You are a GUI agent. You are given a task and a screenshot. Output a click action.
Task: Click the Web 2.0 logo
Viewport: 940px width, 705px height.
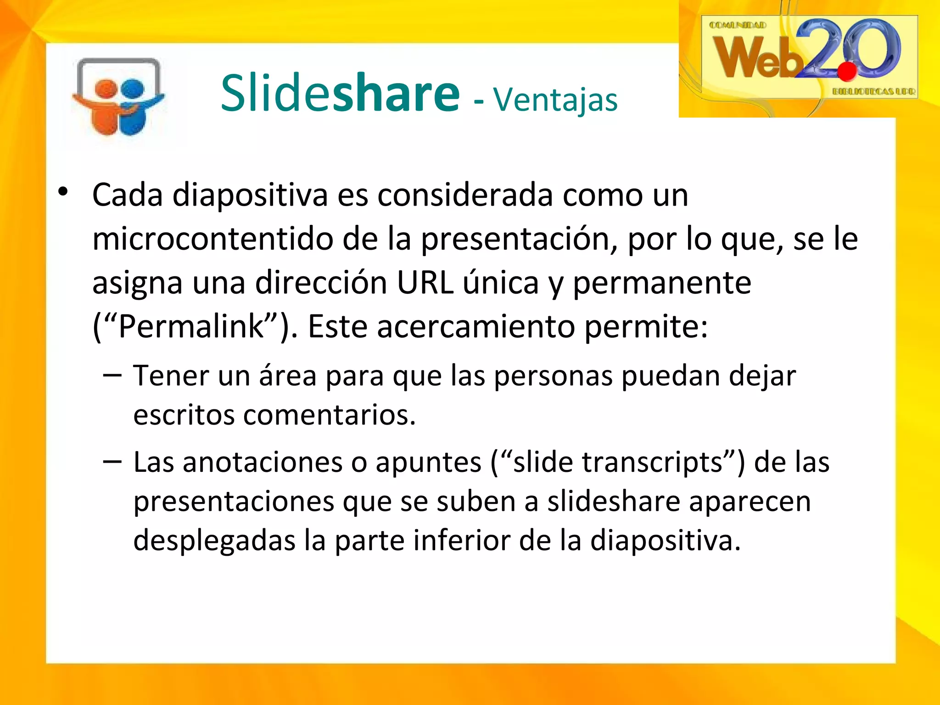tap(809, 56)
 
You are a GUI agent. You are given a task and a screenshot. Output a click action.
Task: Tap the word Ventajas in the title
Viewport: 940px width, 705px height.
tap(555, 100)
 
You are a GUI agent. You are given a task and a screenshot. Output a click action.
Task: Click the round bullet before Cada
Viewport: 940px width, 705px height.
tap(63, 192)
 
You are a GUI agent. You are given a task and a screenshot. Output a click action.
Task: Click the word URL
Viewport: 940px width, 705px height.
tap(425, 283)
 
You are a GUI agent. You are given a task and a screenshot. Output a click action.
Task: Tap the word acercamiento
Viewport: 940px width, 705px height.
tap(476, 326)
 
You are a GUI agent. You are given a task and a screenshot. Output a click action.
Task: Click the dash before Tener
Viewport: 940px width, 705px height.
tap(112, 375)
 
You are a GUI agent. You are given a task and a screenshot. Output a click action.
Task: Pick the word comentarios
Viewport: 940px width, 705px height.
tap(329, 415)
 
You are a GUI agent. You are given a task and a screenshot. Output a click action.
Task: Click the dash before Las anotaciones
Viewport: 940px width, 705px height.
tap(112, 461)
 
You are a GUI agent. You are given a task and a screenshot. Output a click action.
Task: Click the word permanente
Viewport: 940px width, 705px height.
tap(662, 284)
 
